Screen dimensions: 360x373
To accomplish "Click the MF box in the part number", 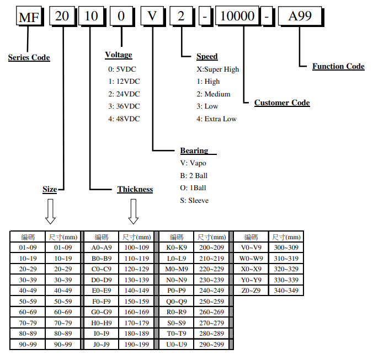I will (x=29, y=16).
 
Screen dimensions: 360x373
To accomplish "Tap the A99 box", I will (x=300, y=16).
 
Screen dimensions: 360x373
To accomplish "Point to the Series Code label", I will (x=29, y=57).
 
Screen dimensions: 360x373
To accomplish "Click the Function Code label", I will (x=338, y=66).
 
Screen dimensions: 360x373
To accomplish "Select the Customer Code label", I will (x=282, y=103).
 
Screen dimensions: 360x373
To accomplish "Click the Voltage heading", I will (x=119, y=55).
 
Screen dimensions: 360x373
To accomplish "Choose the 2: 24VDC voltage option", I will (x=124, y=94).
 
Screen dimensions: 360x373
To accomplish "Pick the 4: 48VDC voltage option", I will (x=124, y=119).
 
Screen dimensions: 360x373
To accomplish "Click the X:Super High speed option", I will (x=218, y=69).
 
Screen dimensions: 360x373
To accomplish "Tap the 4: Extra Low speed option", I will (x=216, y=119).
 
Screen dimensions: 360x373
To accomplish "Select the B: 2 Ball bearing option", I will (x=194, y=176).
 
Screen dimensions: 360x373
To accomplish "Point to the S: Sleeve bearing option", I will (x=194, y=201).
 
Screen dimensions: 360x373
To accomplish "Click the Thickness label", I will (x=135, y=190).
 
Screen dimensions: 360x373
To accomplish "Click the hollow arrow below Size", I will (x=50, y=212).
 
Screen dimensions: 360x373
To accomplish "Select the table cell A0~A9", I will (x=102, y=248).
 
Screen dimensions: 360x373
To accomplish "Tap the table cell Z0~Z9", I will (x=252, y=290).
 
